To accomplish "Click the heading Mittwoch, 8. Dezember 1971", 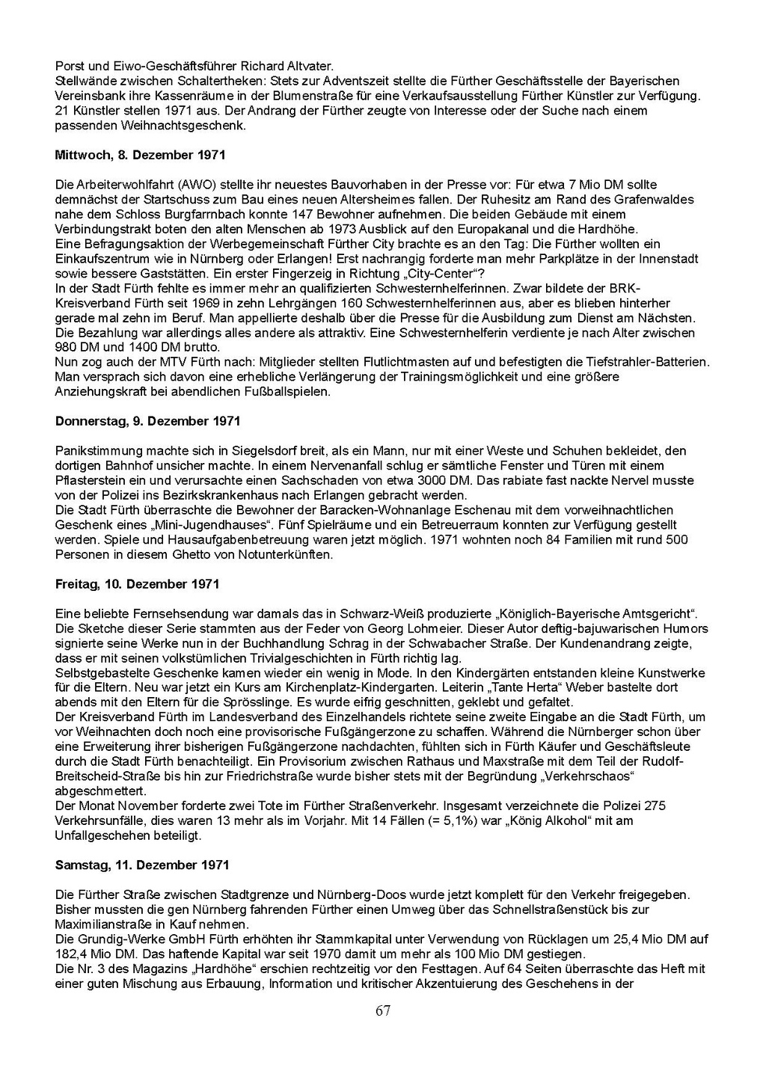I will click(140, 155).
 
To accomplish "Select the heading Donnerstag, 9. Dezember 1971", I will click(147, 421).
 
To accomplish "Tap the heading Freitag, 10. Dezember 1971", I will click(137, 583).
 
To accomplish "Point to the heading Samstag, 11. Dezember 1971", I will click(142, 865).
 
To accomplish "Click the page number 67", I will click(383, 1011).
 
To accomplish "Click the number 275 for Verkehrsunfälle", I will click(655, 806).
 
